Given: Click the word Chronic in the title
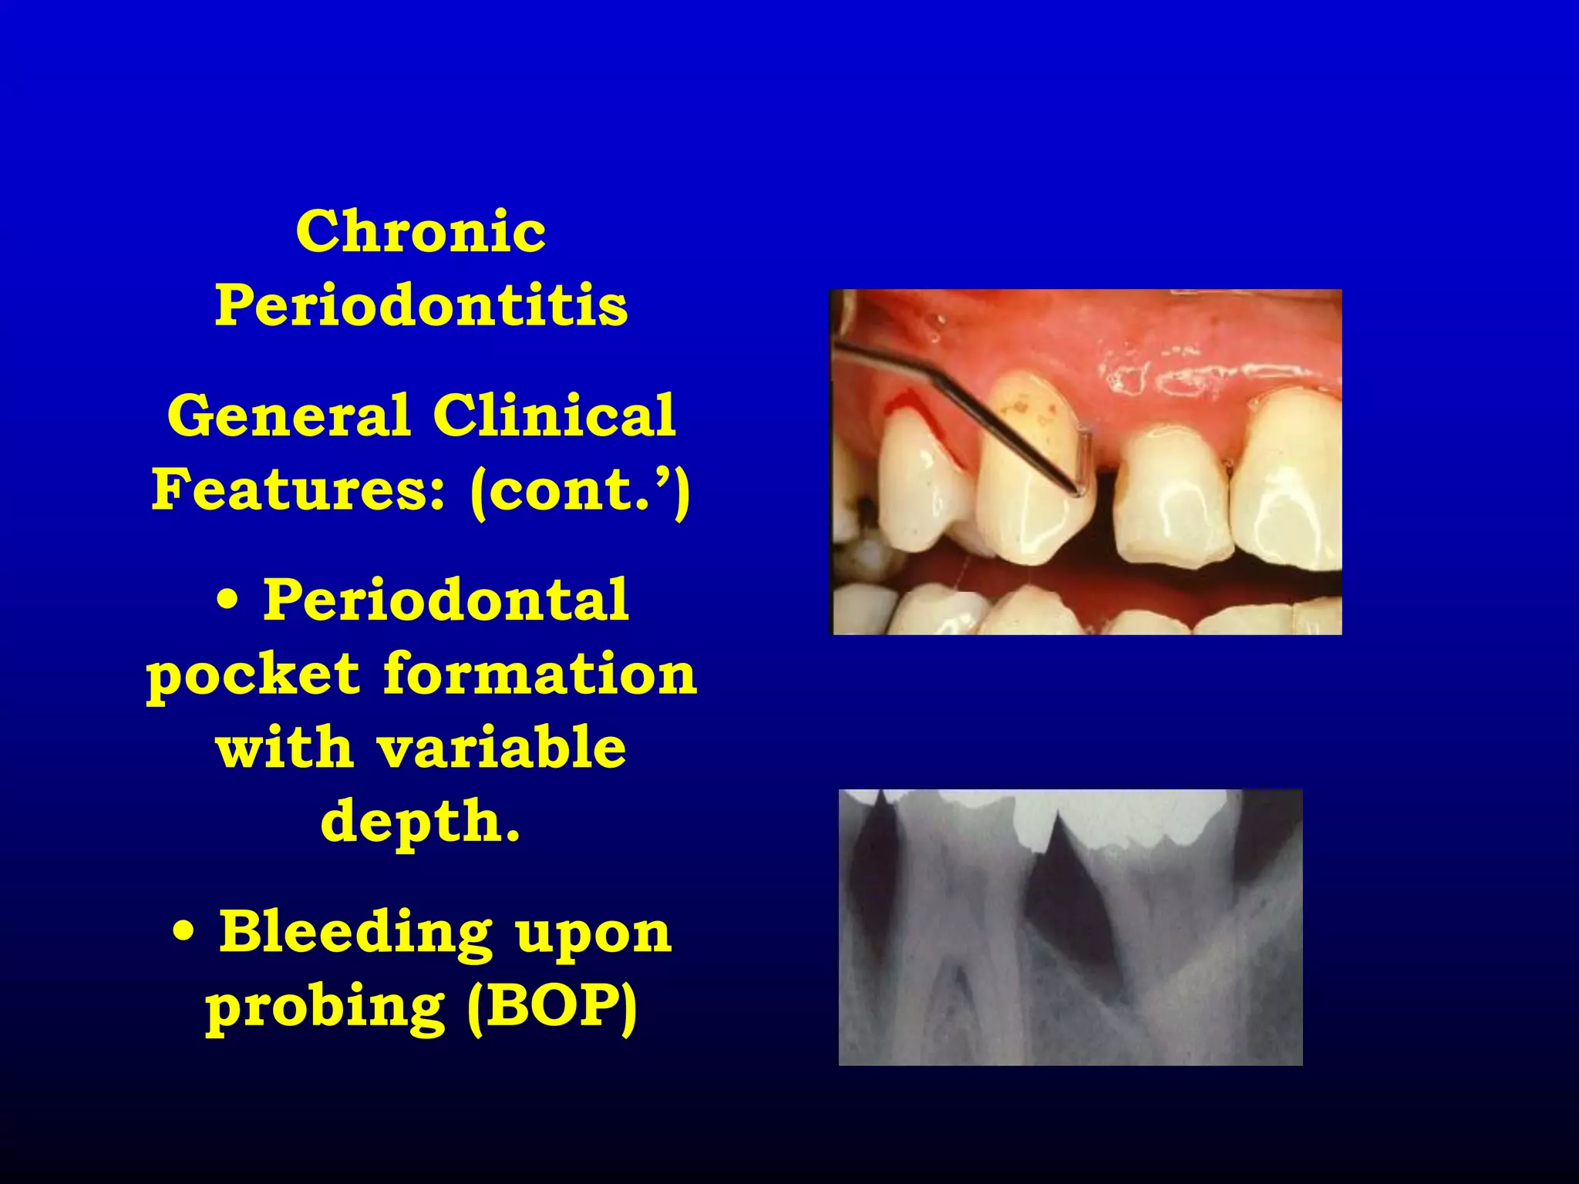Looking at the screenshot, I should tap(421, 231).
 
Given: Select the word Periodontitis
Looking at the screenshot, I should tap(421, 305).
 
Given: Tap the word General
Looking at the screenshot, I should tap(288, 416).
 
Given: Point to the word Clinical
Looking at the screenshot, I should tap(554, 416).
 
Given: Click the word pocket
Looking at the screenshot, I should tap(253, 675).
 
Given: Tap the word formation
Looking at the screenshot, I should tap(540, 674).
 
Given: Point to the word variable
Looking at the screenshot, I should tap(500, 747).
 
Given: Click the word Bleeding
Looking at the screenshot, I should tap(355, 933).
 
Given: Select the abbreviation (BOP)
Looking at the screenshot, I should tap(553, 1007).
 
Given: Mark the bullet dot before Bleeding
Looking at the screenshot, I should tap(183, 933).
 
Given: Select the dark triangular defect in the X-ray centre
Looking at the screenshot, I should tap(1068, 894).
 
